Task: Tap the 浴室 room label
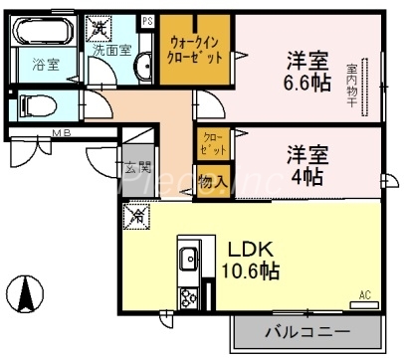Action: tap(46, 67)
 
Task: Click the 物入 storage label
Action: tap(211, 183)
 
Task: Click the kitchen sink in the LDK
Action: tap(188, 260)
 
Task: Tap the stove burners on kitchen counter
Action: tap(187, 295)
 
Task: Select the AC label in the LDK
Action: tap(365, 294)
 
